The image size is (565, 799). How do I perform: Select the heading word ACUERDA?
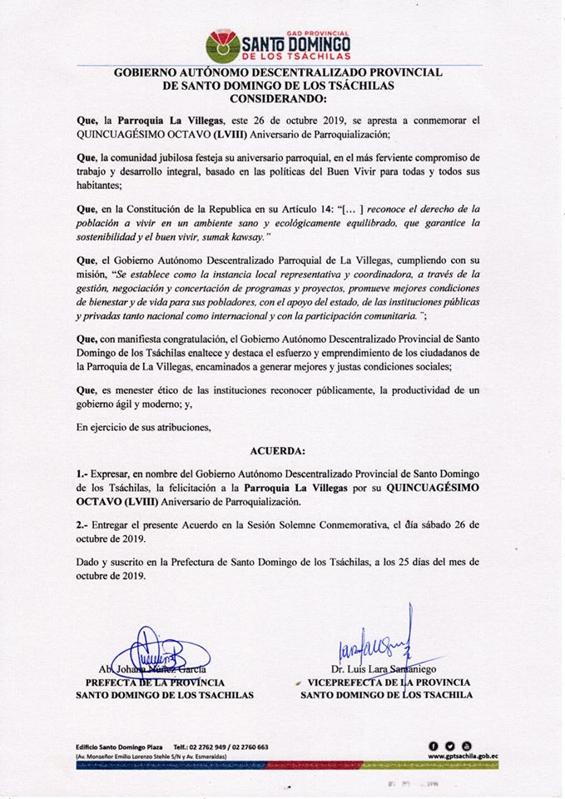click(278, 451)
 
